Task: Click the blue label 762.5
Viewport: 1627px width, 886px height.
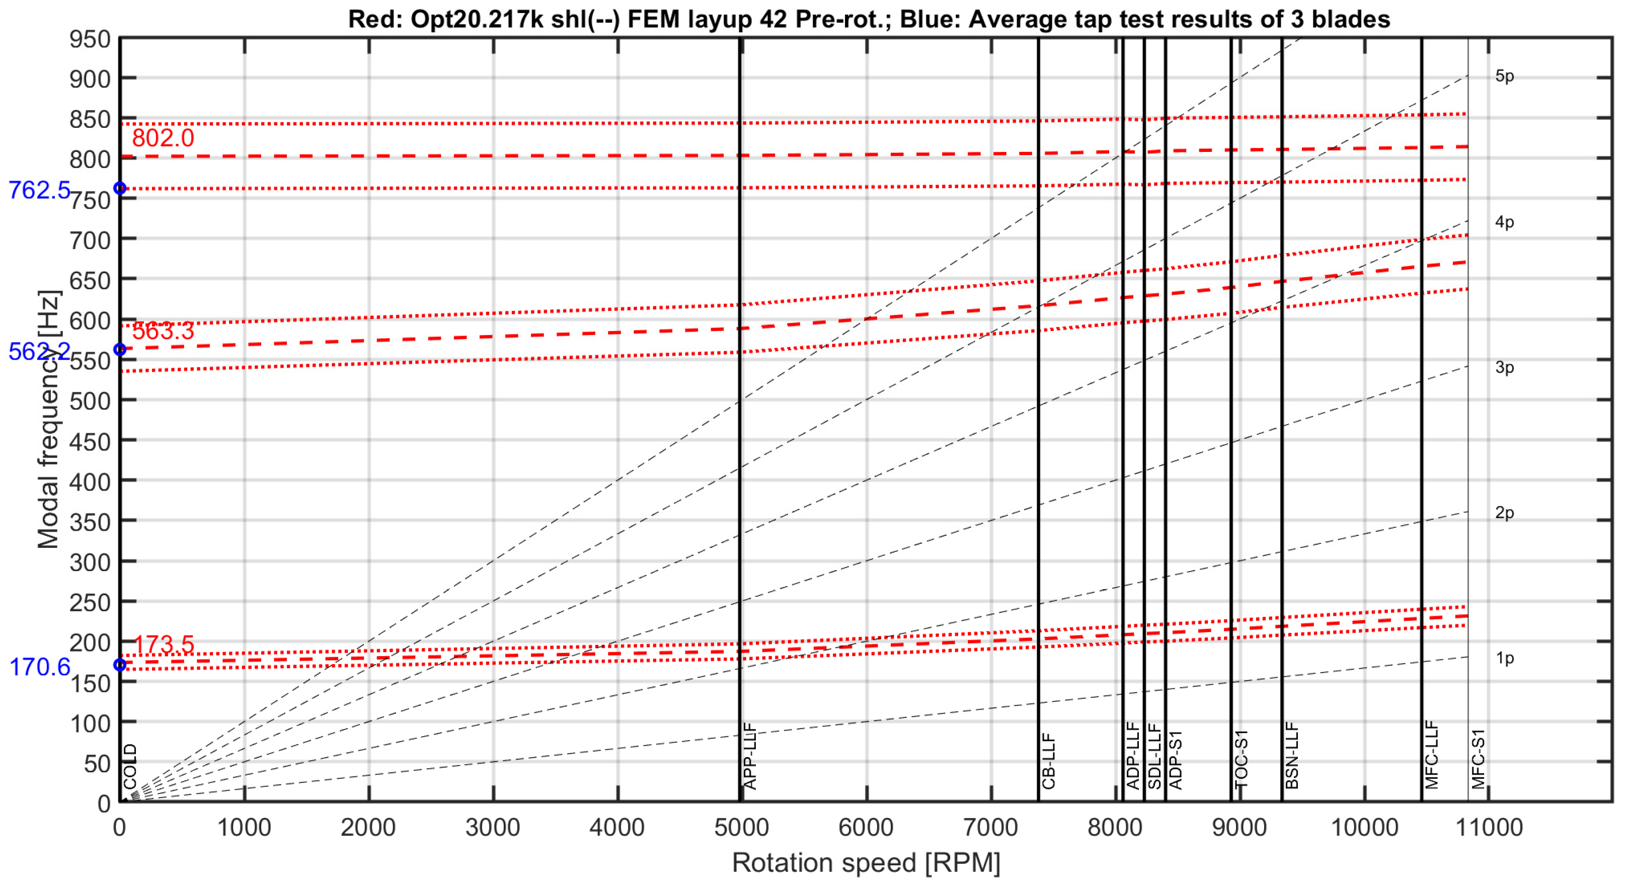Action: [39, 190]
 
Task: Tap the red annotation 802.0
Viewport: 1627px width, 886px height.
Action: [163, 138]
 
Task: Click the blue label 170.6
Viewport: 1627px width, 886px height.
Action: [39, 667]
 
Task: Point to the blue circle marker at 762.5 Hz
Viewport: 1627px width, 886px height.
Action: [119, 188]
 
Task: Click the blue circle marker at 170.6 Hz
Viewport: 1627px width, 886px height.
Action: [119, 665]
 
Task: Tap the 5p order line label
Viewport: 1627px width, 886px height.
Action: [1505, 76]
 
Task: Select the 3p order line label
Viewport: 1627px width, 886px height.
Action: [1505, 368]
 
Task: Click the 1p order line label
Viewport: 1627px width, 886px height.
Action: [1505, 658]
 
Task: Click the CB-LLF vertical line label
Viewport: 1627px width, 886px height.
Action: [1048, 761]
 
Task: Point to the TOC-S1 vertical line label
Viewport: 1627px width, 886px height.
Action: [1241, 759]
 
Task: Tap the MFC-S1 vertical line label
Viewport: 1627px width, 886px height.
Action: [1478, 759]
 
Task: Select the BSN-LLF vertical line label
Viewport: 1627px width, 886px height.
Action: [1292, 756]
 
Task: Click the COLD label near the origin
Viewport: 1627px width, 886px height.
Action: [130, 767]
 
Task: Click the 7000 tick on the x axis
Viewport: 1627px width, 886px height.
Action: [990, 827]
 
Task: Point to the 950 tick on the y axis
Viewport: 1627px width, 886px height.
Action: [90, 40]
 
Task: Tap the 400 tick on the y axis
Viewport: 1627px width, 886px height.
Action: [90, 482]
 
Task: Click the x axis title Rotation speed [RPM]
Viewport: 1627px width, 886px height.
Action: [866, 863]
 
